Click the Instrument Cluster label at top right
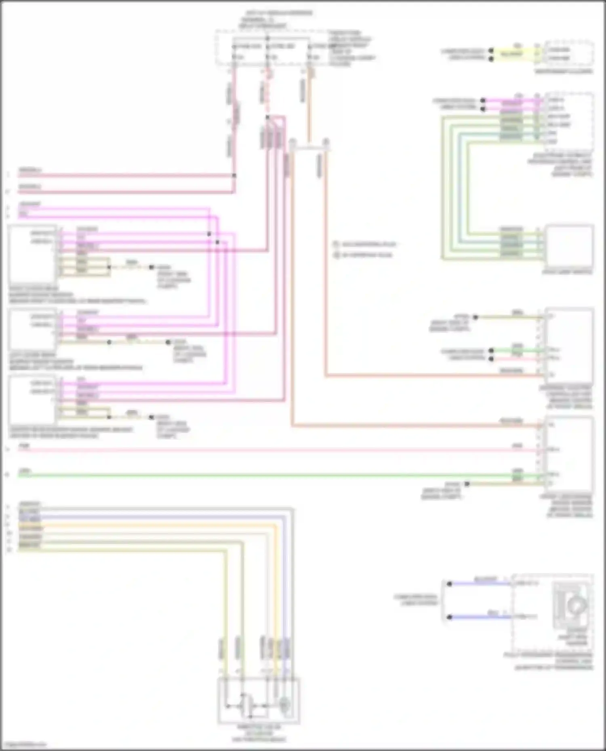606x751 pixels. [x=564, y=71]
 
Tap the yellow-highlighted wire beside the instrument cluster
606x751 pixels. [x=511, y=54]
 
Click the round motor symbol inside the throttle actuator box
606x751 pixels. [x=284, y=705]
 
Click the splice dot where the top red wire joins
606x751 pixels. [x=234, y=176]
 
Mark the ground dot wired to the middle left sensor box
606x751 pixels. [x=168, y=342]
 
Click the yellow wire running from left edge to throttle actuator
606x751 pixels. [x=121, y=550]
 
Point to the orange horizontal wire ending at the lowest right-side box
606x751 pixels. [x=404, y=425]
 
